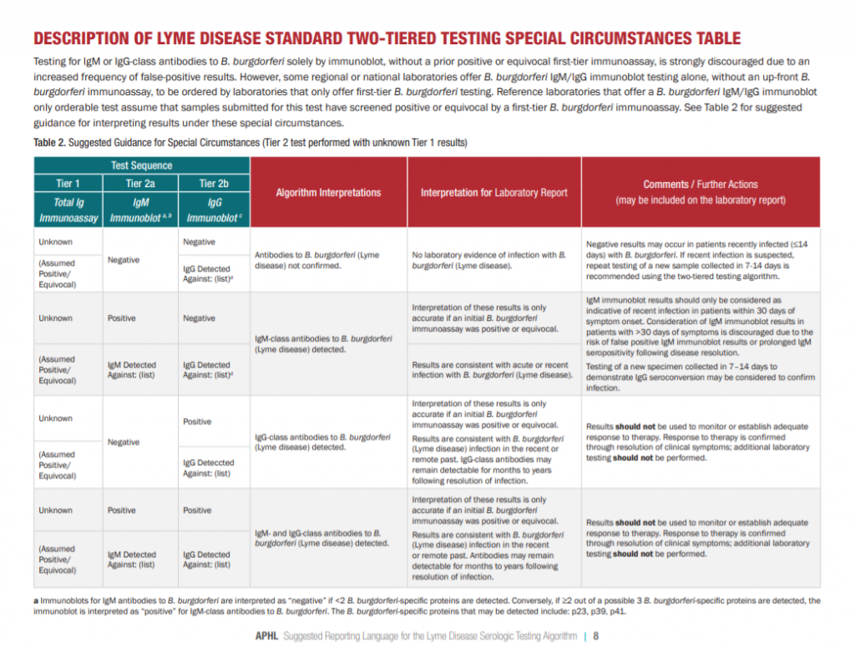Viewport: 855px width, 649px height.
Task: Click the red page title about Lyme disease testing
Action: pyautogui.click(x=386, y=39)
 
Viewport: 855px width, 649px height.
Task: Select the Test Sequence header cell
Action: pyautogui.click(x=141, y=165)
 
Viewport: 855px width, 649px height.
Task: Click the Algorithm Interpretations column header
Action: pyautogui.click(x=328, y=192)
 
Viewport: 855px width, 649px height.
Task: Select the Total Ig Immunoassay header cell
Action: pyautogui.click(x=67, y=210)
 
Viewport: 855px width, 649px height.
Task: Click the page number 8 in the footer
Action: pyautogui.click(x=596, y=636)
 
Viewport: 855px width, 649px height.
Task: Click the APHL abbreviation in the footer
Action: pyautogui.click(x=269, y=636)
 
